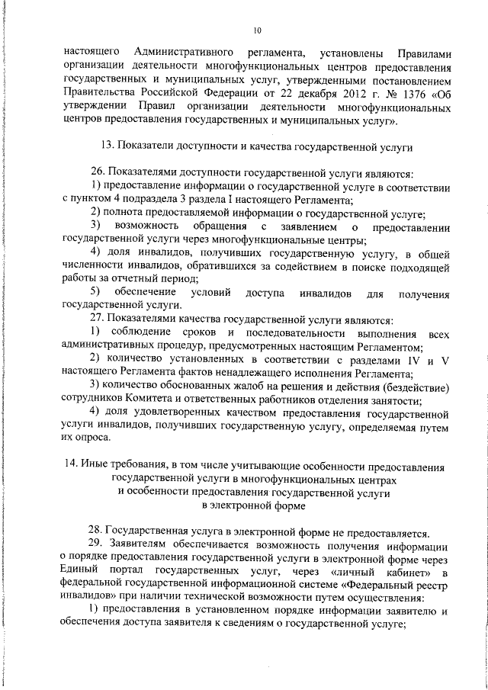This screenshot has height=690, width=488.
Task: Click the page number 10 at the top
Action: [256, 30]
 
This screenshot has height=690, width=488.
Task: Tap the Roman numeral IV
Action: [413, 360]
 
